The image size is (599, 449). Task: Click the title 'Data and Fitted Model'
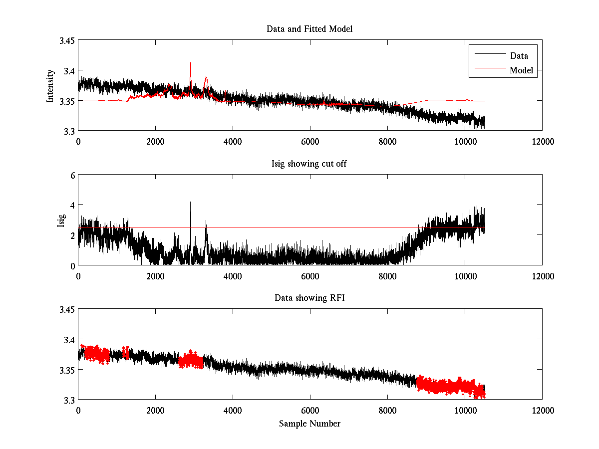coord(309,29)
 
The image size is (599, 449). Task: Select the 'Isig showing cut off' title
coord(309,164)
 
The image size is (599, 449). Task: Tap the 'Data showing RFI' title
coord(309,298)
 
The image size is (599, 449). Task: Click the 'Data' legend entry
coord(519,56)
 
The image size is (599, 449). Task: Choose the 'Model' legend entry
coord(521,70)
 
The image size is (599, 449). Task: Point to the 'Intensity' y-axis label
coord(50,86)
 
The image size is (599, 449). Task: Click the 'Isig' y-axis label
coord(61,220)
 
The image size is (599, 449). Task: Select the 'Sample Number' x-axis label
coord(309,424)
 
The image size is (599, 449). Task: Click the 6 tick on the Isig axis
coord(71,175)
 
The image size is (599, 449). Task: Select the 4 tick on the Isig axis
coord(71,205)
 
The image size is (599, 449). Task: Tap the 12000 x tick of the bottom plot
coord(542,410)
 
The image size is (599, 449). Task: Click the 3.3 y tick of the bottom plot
coord(68,400)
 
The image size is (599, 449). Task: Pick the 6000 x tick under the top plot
coord(310,141)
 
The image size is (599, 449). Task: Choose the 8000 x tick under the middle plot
coord(387,275)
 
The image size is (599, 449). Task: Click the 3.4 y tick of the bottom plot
coord(68,340)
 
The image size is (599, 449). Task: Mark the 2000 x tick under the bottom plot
coord(155,410)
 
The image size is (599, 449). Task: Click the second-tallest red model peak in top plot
coord(206,78)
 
